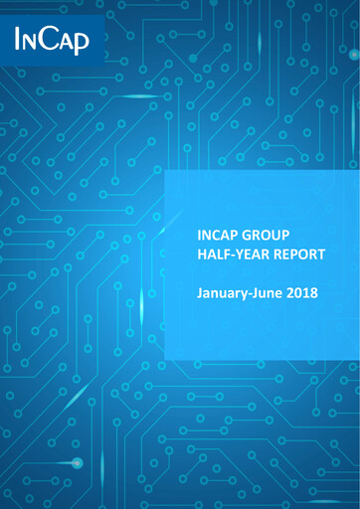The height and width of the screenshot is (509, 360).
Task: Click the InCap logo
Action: point(51,39)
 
